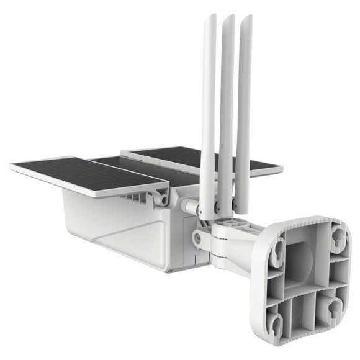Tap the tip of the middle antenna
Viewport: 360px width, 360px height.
click(x=230, y=17)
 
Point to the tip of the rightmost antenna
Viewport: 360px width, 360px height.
click(x=247, y=17)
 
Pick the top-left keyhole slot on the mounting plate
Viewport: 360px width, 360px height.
click(x=279, y=250)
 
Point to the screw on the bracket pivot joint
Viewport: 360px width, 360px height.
click(x=197, y=236)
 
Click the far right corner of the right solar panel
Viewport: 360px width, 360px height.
click(x=282, y=168)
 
